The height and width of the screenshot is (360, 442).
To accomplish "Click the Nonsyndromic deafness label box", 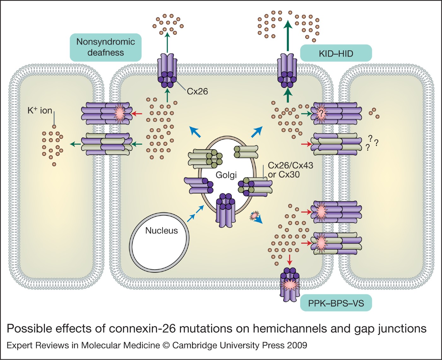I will (x=105, y=47).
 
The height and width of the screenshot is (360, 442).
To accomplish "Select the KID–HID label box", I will (x=336, y=53).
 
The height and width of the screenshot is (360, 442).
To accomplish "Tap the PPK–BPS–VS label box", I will (x=336, y=303).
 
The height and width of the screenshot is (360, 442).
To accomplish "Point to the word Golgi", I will (x=226, y=175).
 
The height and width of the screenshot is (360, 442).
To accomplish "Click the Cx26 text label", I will (x=197, y=92).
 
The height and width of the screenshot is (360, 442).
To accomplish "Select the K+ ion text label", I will (x=40, y=111).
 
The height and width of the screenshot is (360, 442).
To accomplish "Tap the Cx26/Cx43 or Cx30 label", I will (x=290, y=170).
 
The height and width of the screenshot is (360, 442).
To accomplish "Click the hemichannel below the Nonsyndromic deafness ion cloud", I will (x=167, y=71).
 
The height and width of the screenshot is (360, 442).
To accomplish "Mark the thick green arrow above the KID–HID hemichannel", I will (x=288, y=35).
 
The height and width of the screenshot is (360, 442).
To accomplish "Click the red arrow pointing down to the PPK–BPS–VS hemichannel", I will (x=290, y=259).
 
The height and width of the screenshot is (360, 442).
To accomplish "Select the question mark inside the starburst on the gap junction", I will (x=321, y=113).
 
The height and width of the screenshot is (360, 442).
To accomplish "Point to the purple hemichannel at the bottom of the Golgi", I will (x=225, y=210).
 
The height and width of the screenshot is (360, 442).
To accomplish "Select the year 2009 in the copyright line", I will (x=297, y=345).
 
